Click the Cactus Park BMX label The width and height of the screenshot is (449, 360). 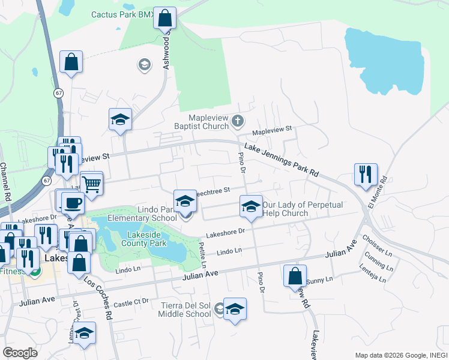point(123,14)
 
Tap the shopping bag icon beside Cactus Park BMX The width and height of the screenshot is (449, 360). point(165,18)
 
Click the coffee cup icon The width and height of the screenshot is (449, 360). point(73,203)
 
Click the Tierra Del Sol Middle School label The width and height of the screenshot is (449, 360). point(185,309)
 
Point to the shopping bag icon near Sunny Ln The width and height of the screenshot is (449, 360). point(295,277)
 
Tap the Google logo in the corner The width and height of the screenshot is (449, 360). point(20,353)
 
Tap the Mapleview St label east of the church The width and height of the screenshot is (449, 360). point(271,129)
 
